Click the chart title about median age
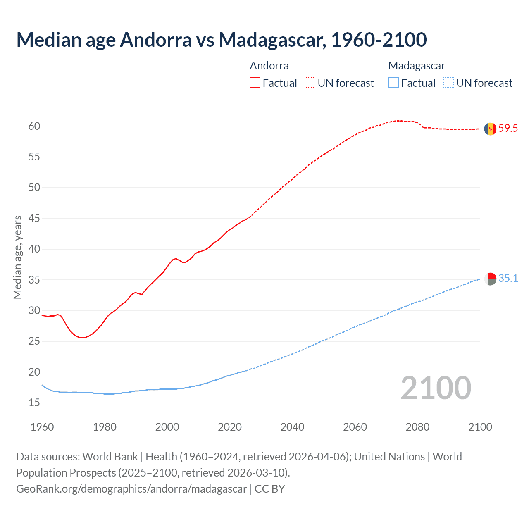pos(221,40)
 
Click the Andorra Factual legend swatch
pos(255,83)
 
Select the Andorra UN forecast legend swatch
pos(310,83)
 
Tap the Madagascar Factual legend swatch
pos(394,83)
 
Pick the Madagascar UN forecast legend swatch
pos(448,83)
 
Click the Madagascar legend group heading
pos(417,66)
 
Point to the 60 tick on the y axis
pos(34,126)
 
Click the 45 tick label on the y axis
pos(34,218)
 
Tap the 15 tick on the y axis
pos(34,403)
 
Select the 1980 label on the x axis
pos(105,427)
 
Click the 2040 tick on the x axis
pos(292,427)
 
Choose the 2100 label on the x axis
pos(480,427)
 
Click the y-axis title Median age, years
pos(17,257)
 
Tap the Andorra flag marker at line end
pos(490,129)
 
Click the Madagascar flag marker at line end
pos(490,279)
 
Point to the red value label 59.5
pos(508,129)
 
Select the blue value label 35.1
pos(508,279)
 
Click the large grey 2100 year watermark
pos(436,388)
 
